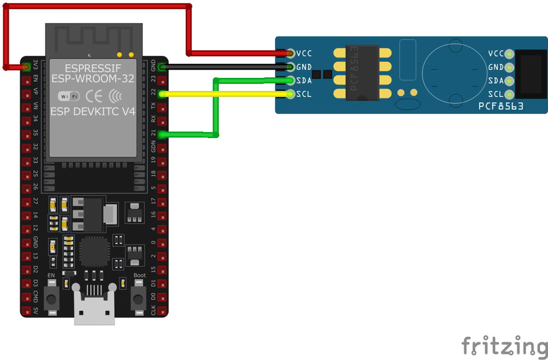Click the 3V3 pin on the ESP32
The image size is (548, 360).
[x=26, y=67]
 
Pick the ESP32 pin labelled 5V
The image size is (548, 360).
[x=26, y=311]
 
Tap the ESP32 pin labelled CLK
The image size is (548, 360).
[x=162, y=311]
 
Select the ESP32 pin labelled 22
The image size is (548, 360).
[x=162, y=94]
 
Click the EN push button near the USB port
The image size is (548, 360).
[x=52, y=299]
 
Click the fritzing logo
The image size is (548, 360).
[x=504, y=346]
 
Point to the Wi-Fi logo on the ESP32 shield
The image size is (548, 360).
[x=68, y=96]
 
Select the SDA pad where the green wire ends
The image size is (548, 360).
[x=290, y=81]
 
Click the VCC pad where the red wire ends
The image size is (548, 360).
[x=290, y=53]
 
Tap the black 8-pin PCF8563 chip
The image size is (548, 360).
[x=362, y=72]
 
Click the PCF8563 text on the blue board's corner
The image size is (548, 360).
[x=501, y=106]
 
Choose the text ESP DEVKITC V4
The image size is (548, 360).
[x=93, y=111]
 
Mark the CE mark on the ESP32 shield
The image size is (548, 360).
[x=94, y=96]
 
